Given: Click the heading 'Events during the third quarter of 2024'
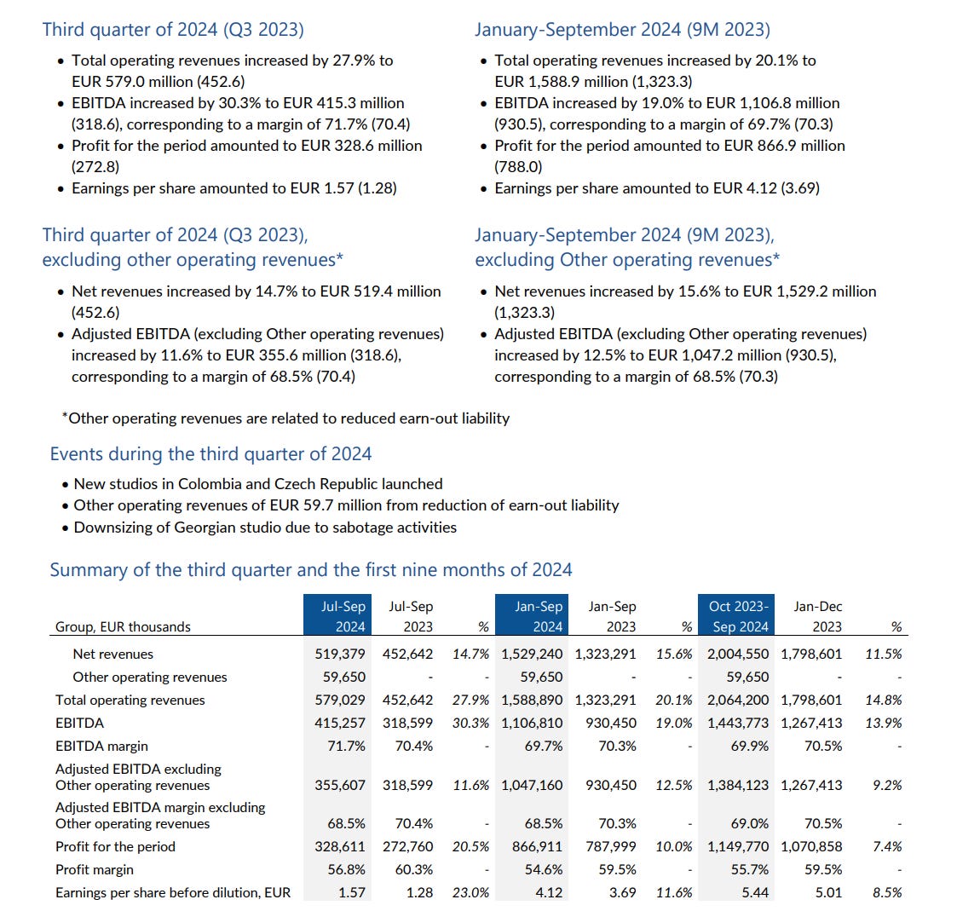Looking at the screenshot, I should pos(210,453).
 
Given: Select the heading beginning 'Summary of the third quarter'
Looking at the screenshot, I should pos(311,569).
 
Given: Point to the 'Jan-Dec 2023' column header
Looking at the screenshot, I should pos(817,616).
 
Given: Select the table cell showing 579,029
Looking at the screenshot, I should pos(340,700).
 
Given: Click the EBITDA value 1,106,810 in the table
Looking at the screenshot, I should pos(532,723).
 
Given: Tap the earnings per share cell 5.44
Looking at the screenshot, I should pos(754,892).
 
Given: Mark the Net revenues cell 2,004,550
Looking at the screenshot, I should pos(737,654).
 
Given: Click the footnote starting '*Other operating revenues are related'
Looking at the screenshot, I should pos(285,418).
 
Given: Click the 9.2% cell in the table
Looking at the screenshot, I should pos(887,785).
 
